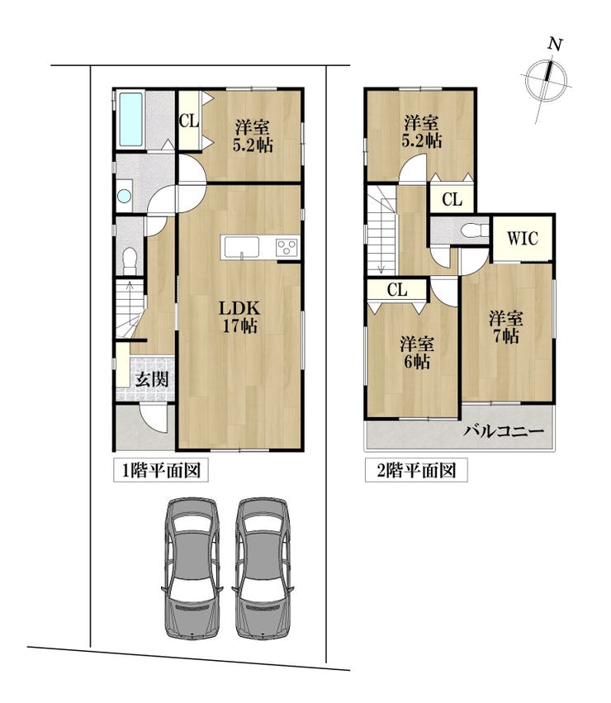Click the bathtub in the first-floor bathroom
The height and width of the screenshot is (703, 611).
[x=131, y=119]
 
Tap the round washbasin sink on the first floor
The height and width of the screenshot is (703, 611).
[x=124, y=196]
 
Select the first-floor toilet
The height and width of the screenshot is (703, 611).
[x=130, y=260]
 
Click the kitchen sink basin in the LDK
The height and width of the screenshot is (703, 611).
[x=242, y=248]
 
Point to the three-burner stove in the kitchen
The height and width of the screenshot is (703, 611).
[x=287, y=248]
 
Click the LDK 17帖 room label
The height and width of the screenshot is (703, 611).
[x=239, y=316]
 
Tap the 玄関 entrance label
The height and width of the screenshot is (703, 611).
[x=152, y=379]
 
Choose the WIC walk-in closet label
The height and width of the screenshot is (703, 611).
[x=523, y=238]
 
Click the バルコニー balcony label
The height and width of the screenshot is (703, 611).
[x=504, y=432]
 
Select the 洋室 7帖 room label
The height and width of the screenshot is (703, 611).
[x=505, y=327]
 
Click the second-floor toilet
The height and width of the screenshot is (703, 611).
[x=475, y=230]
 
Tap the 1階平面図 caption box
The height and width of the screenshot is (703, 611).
[x=160, y=470]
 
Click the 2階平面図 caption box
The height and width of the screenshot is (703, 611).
[x=416, y=470]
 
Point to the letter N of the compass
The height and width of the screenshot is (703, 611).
[x=555, y=44]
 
